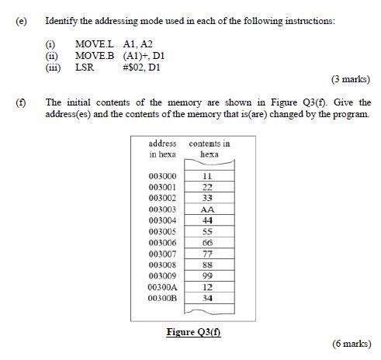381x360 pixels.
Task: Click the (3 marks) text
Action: click(351, 79)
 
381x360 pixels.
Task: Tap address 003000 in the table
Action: click(162, 176)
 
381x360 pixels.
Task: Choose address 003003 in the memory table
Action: click(162, 209)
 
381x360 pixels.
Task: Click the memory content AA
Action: click(207, 209)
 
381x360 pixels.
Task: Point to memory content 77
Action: click(207, 254)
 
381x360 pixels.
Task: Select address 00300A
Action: click(162, 287)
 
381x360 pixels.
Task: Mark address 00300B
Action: click(162, 298)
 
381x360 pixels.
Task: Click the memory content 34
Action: click(207, 298)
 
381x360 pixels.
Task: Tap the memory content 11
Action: click(207, 176)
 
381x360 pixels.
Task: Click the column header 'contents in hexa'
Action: click(209, 149)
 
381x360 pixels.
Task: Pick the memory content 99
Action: click(207, 275)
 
